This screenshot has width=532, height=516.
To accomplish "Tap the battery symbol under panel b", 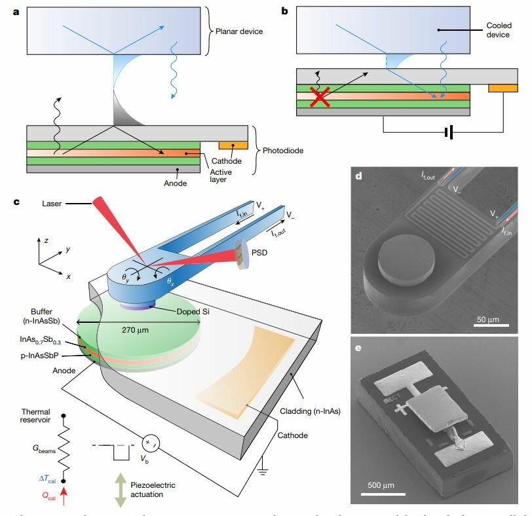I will click(x=448, y=134).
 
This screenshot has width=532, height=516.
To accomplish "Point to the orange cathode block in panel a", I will click(x=233, y=145).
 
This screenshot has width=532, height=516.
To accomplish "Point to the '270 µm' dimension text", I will click(x=137, y=330).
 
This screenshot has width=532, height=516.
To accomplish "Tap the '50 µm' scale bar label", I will click(x=489, y=322).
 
